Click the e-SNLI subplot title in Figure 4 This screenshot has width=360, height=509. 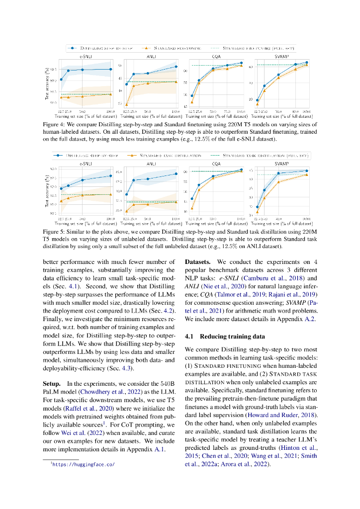pyautogui.click(x=82, y=57)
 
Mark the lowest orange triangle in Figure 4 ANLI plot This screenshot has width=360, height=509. pyautogui.click(x=126, y=104)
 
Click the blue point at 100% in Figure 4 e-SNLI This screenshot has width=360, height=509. pyautogui.click(x=110, y=69)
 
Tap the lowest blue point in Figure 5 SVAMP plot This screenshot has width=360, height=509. pyautogui.click(x=257, y=207)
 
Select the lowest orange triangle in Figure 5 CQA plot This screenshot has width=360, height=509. pyautogui.click(x=192, y=208)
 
